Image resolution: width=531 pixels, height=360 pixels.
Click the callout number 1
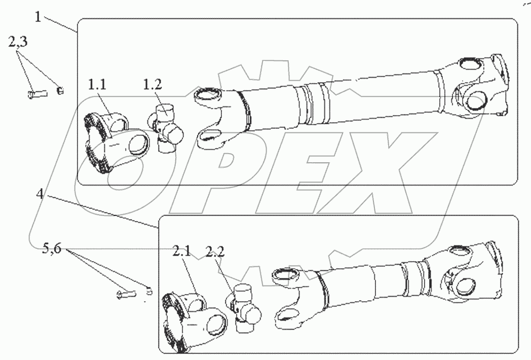click(x=39, y=17)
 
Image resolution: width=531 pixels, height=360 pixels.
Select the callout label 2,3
click(x=18, y=44)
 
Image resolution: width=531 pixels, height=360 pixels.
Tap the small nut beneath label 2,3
click(x=60, y=91)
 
